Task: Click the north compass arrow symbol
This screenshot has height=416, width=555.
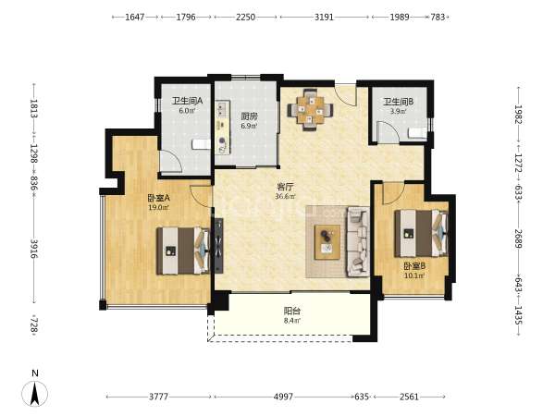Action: click(x=34, y=393)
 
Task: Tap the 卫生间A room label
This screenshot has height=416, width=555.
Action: click(x=187, y=101)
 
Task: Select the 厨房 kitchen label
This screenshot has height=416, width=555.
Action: click(x=249, y=116)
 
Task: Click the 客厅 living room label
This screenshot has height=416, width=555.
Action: click(x=285, y=187)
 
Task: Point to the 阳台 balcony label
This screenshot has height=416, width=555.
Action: click(x=292, y=311)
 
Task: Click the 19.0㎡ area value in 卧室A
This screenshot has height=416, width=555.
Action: click(x=158, y=208)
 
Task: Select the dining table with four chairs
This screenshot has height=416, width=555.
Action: click(x=310, y=110)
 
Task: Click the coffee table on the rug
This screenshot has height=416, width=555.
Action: click(x=327, y=242)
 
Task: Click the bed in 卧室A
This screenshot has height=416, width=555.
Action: click(x=183, y=251)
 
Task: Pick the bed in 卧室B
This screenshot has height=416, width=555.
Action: click(x=421, y=234)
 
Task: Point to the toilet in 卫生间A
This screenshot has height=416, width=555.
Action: click(x=201, y=144)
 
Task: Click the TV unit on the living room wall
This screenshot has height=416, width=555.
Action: click(x=217, y=246)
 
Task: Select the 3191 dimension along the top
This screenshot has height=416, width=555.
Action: click(x=325, y=17)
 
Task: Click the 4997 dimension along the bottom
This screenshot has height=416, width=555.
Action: click(x=284, y=397)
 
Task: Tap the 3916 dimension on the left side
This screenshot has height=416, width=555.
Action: click(x=34, y=249)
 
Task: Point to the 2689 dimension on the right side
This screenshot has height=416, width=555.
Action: click(x=518, y=239)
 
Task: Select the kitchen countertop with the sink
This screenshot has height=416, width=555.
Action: click(x=223, y=128)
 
